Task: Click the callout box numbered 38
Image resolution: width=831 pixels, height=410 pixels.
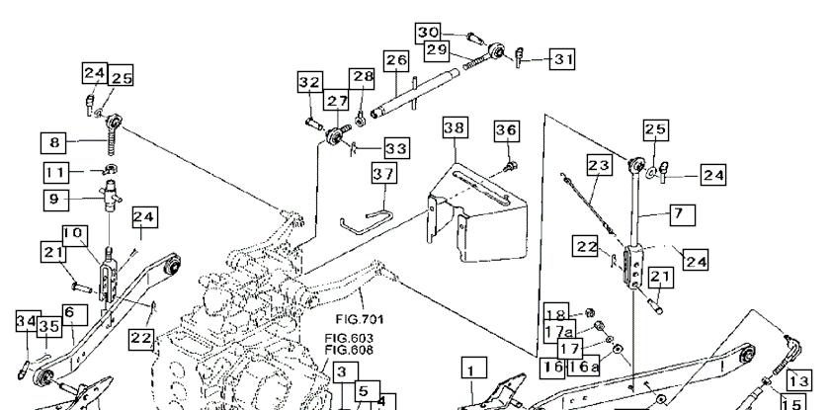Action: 456,127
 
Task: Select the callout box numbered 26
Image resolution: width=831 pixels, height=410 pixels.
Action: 396,61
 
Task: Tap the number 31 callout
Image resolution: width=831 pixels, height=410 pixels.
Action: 562,59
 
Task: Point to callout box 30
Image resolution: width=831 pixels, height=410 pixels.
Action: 428,34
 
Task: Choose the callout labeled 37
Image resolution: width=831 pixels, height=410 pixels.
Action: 383,173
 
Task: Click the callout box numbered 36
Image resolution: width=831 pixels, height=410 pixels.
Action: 507,130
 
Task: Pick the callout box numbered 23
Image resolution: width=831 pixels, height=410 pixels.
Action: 600,166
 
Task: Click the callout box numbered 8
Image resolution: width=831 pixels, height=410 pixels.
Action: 53,142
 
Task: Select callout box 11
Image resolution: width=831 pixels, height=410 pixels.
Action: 56,173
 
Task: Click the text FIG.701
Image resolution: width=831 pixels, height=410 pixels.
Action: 360,319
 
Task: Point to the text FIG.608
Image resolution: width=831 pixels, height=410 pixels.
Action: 349,350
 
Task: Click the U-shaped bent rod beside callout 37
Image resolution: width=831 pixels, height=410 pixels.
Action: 366,222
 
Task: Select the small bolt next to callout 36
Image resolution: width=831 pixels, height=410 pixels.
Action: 511,166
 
